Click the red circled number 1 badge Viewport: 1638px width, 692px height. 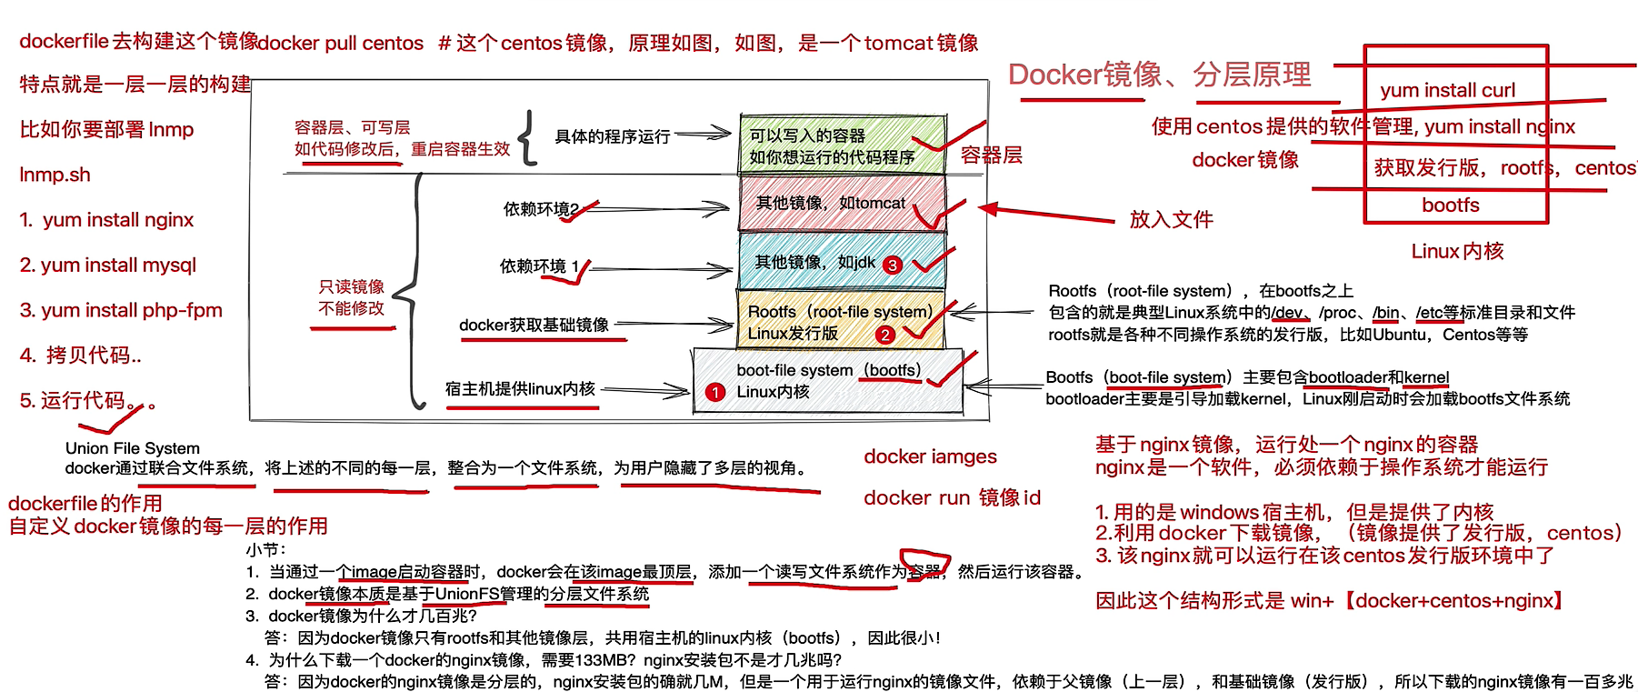click(715, 392)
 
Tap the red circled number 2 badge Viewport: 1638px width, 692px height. click(884, 335)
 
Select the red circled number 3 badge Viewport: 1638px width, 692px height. click(893, 265)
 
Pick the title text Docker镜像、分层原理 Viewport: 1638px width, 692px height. click(1160, 75)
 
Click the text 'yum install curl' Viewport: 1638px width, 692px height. click(1447, 90)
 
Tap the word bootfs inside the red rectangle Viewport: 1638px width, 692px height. click(1451, 206)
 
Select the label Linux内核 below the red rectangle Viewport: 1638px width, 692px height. click(1457, 251)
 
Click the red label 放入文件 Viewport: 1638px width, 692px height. click(1171, 219)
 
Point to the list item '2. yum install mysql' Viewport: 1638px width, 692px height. click(108, 265)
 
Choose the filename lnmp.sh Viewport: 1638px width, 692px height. click(55, 175)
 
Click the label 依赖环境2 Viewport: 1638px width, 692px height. click(541, 209)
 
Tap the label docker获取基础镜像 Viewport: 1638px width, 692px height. click(534, 325)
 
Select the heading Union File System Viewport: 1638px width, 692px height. click(133, 447)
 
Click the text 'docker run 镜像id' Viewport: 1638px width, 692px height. click(952, 497)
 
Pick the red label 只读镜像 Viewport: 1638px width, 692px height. click(351, 286)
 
